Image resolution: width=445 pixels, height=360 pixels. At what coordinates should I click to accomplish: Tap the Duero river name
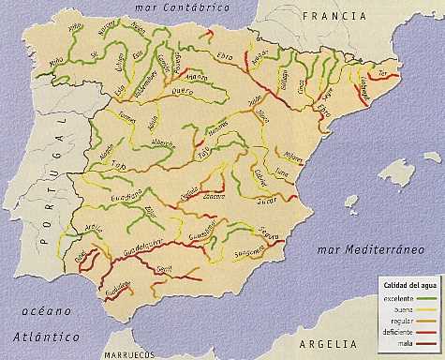[182, 92]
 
